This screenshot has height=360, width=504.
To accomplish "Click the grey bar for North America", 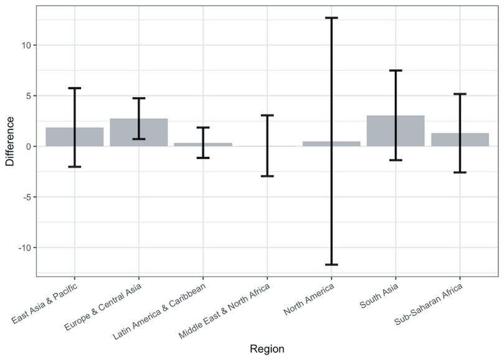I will [x=331, y=144].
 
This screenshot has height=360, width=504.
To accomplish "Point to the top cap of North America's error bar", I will [x=331, y=18].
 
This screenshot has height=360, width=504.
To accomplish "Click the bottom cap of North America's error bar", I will [x=331, y=265].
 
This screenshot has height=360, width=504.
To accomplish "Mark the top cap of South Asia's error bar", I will [x=396, y=70].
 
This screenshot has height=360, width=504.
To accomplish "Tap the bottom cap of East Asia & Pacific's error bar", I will [x=75, y=167].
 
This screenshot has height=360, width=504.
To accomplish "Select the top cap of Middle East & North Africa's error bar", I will [x=267, y=115].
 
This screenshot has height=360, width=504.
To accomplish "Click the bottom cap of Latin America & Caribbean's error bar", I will [x=203, y=158].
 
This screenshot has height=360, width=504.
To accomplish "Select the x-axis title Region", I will [x=267, y=349].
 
